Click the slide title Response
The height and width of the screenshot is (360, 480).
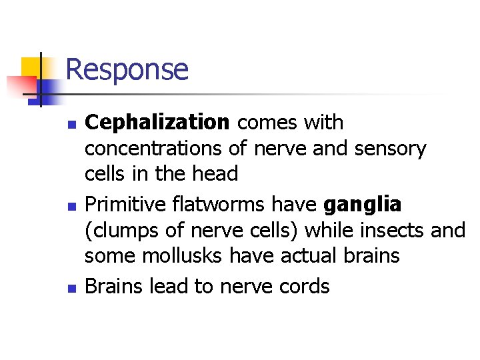coord(127,69)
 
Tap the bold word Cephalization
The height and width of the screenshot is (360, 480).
coord(157,123)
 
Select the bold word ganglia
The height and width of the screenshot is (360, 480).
coord(363,205)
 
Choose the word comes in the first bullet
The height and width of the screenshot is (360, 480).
coord(264,123)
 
